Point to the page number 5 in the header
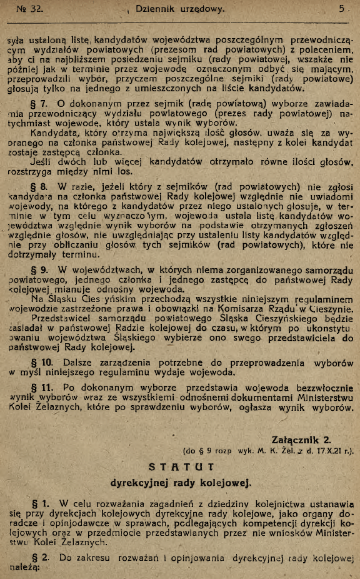(x=342, y=10)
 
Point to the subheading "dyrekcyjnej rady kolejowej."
(x=181, y=483)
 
